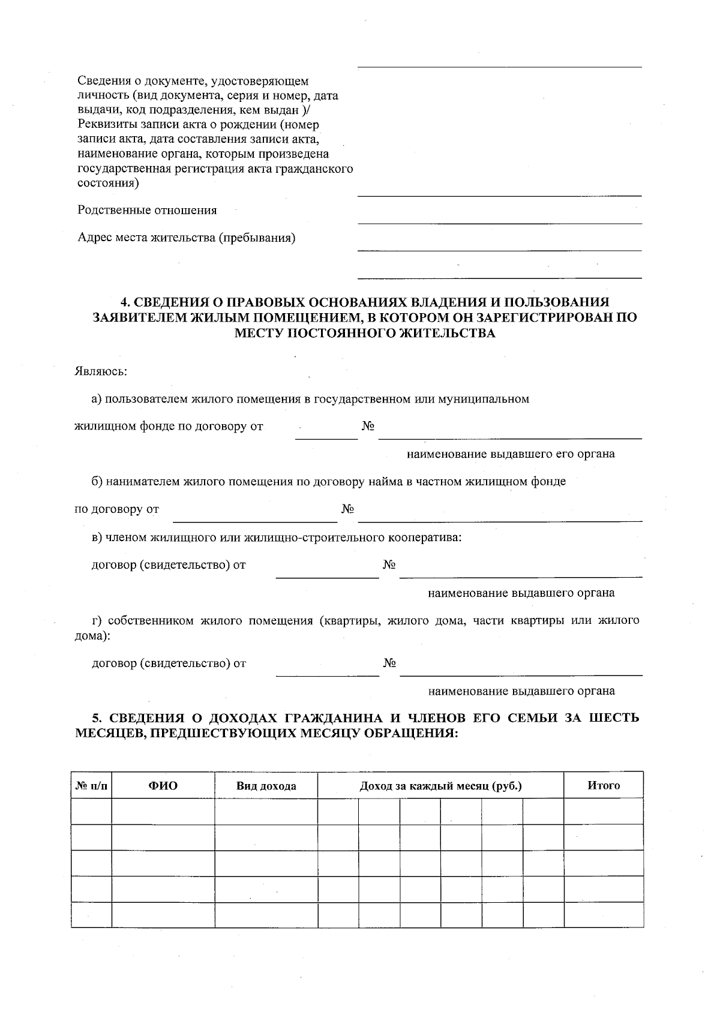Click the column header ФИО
coord(163,786)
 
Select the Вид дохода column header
coord(266,786)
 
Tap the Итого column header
coord(603,785)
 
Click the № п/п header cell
coord(91,786)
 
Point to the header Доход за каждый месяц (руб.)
coord(440,786)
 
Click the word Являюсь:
coord(101,371)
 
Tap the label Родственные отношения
coord(147,211)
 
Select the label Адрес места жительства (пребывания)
coord(187,238)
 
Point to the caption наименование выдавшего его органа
coord(511,454)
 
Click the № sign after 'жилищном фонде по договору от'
coord(368,427)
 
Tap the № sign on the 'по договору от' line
coord(347,509)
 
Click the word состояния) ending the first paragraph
coord(108,184)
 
